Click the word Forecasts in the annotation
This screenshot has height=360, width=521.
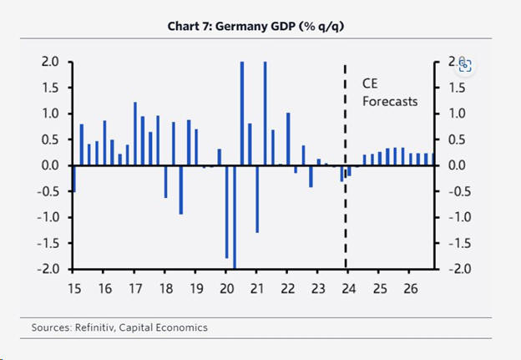click(389, 102)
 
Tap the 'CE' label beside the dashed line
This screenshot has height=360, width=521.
click(370, 84)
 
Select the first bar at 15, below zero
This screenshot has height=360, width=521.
click(73, 179)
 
